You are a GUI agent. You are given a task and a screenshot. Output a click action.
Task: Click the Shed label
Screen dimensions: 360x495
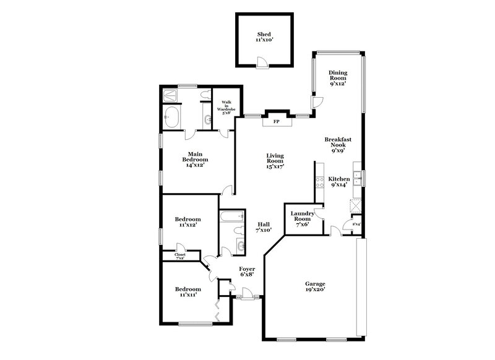tap(264, 37)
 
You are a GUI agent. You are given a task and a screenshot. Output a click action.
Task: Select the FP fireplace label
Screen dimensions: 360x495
tap(276, 121)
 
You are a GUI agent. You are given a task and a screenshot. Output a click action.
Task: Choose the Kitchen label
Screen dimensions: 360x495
tap(338, 181)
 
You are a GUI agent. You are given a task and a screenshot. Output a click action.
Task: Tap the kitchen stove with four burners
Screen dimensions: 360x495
tap(320, 182)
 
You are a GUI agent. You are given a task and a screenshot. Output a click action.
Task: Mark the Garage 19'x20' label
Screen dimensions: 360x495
tap(315, 286)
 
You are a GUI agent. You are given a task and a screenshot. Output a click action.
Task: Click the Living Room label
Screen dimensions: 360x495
tap(275, 162)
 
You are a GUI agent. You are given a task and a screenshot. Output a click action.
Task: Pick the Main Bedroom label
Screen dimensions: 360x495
tap(194, 160)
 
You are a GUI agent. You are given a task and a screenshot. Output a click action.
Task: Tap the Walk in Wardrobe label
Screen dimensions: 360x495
tap(221, 108)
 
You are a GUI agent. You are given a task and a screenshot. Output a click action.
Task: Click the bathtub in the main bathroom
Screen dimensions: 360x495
tap(172, 116)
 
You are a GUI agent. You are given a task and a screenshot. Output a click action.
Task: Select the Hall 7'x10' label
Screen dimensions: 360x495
tap(264, 227)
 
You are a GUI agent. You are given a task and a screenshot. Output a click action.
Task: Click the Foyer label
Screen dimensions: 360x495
tap(247, 272)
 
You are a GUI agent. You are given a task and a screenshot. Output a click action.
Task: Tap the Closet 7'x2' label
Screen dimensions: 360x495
tap(180, 255)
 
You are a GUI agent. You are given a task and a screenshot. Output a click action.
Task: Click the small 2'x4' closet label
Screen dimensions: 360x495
tap(356, 224)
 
